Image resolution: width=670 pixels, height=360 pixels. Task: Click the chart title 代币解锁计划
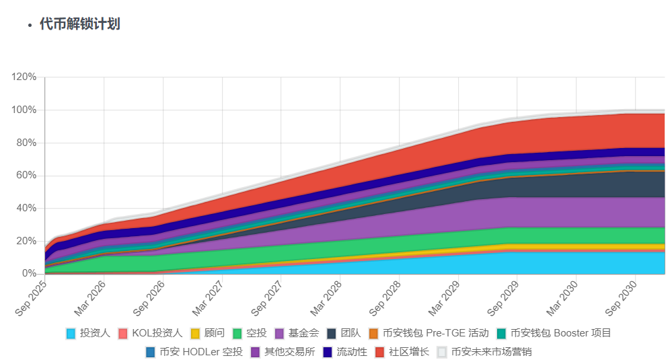pos(80,24)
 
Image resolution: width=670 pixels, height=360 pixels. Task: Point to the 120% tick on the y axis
pos(24,77)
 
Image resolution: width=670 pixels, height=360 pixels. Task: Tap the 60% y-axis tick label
pos(26,176)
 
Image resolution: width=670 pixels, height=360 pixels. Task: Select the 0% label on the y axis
pos(29,274)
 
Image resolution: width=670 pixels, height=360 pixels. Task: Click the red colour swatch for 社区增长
pos(379,351)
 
